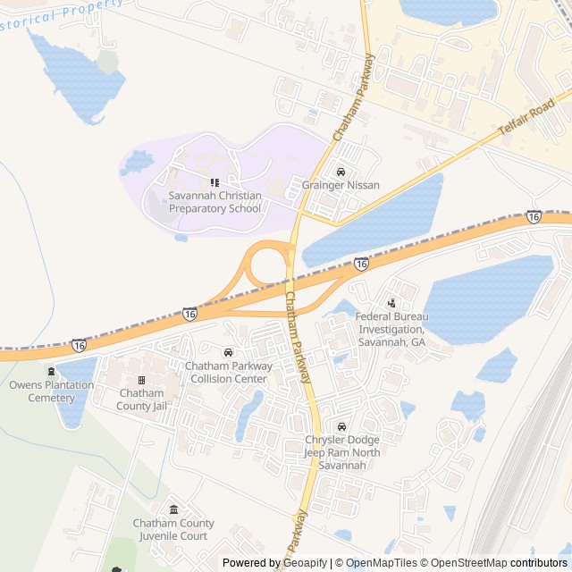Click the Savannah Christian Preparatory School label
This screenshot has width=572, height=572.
coord(214,202)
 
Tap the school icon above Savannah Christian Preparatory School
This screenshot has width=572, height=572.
coord(214,182)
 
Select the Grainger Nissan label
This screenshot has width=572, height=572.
coord(341,186)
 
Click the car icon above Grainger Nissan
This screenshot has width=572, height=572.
coord(341,172)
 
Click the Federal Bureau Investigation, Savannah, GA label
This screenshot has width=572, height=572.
coord(391,329)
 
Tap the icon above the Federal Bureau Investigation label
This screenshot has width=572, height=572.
coord(391,304)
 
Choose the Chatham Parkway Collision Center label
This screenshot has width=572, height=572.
coord(227,372)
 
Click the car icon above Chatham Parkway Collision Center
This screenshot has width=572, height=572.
coord(228,352)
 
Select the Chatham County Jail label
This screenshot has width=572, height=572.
coord(141,400)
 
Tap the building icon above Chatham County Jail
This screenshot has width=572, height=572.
coord(141,380)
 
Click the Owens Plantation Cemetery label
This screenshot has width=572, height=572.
coord(51,391)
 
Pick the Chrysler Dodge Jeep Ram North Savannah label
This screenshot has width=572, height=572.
coord(342,453)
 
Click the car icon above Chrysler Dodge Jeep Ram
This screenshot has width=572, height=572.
coord(342,426)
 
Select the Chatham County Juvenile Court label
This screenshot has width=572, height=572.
coord(173,529)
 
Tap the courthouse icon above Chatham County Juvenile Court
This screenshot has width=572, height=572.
coord(173,509)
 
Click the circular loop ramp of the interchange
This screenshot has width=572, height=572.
coord(265,265)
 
